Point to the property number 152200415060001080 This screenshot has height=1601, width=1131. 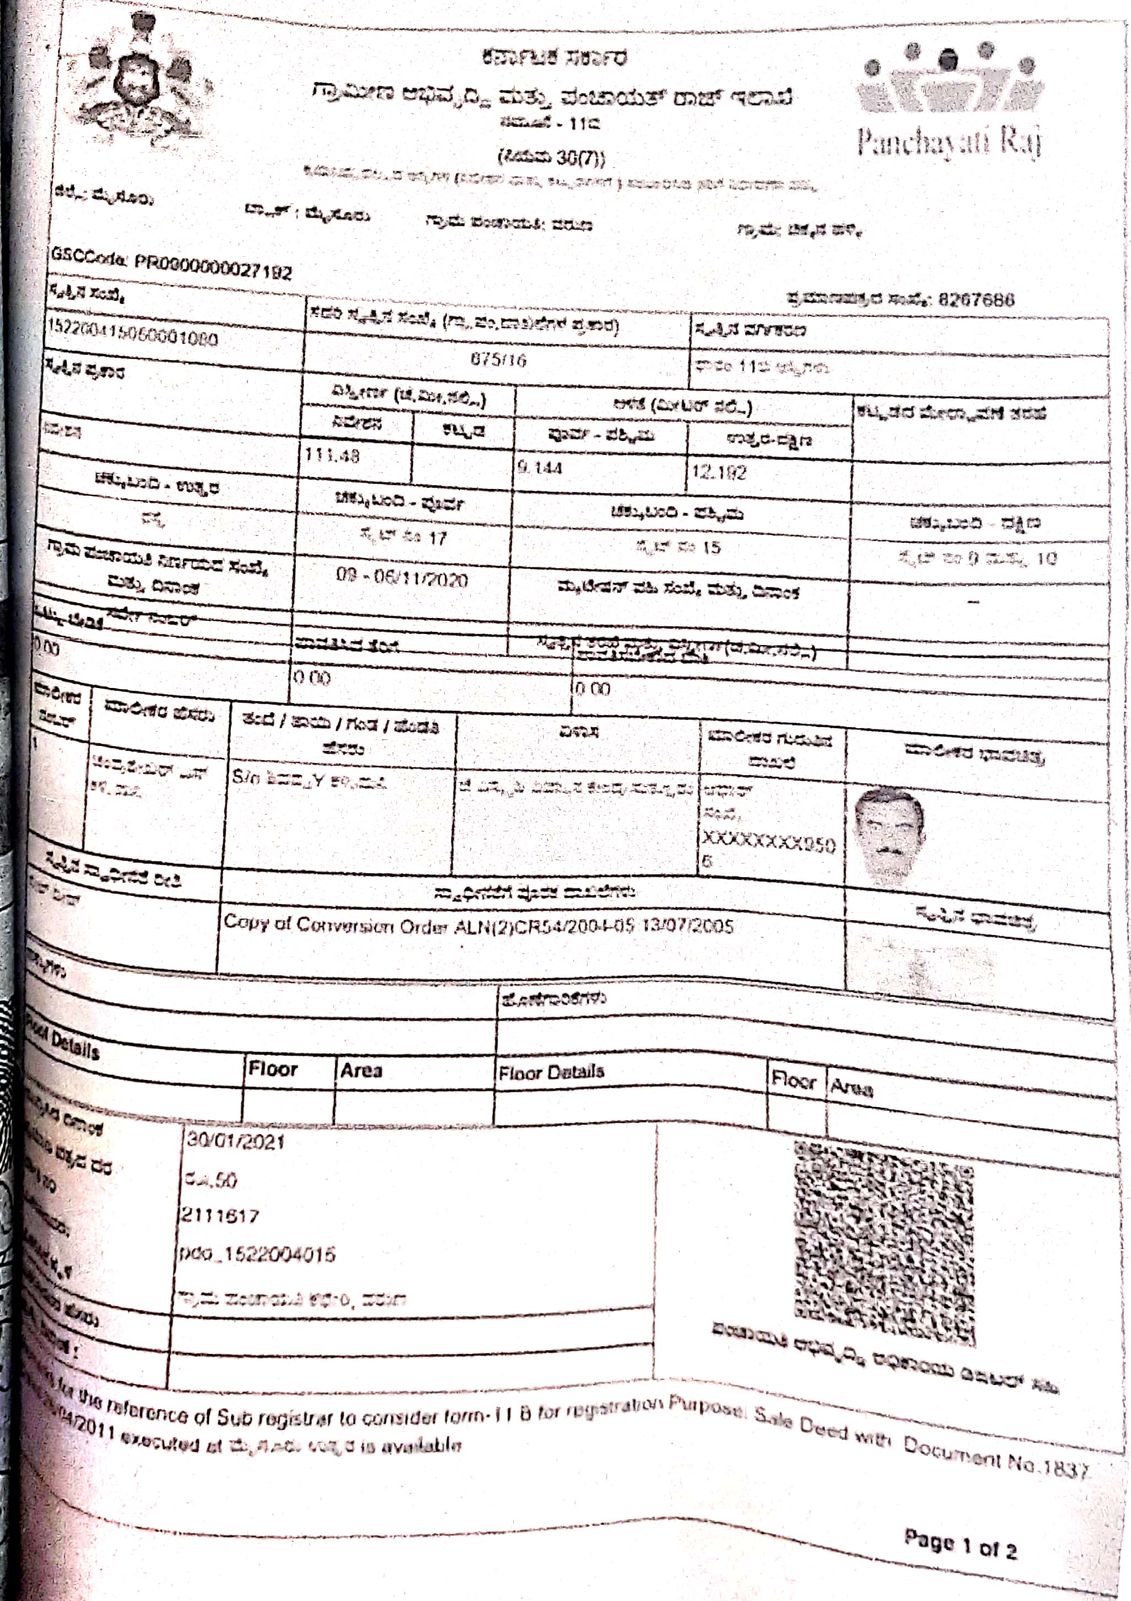pos(132,337)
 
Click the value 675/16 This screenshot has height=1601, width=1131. pos(498,361)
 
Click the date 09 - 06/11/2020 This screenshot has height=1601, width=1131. pos(402,579)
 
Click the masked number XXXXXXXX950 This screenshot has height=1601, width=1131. pos(767,845)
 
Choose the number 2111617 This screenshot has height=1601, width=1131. pos(220,1216)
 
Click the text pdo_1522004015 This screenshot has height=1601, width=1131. pos(257,1254)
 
